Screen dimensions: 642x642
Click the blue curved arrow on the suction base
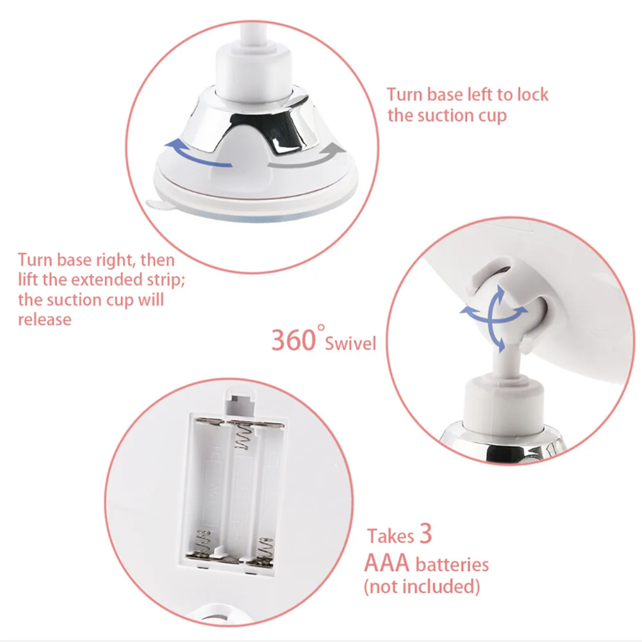[x=197, y=154]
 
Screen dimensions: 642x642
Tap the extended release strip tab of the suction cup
[x=158, y=204]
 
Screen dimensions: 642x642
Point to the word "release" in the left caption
[x=44, y=319]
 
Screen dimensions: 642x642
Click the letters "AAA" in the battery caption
[x=387, y=563]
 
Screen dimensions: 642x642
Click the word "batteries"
[x=452, y=564]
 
